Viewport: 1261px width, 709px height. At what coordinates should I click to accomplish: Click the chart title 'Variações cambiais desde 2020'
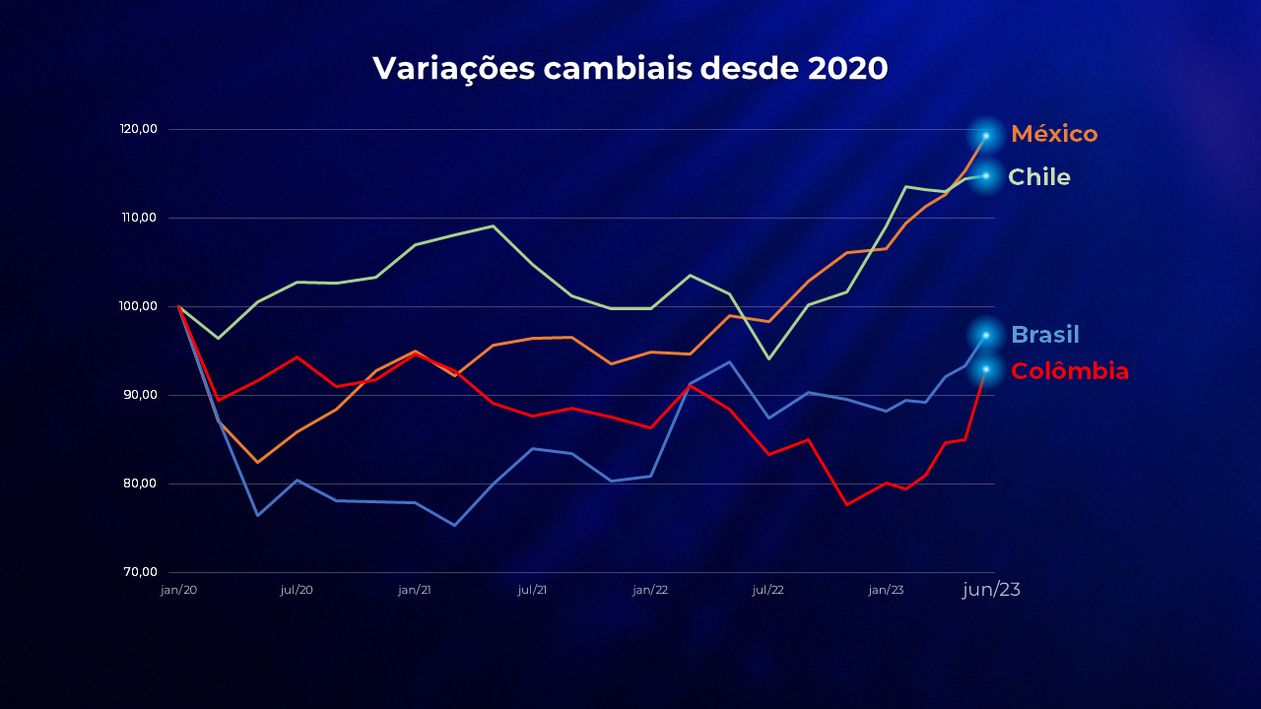click(630, 68)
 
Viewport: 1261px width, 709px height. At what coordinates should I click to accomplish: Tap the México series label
click(1054, 134)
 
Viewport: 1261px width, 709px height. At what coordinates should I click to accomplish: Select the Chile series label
click(1039, 177)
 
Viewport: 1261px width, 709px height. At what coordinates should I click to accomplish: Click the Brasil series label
click(1045, 335)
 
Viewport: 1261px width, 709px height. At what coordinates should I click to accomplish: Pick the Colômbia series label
click(1070, 371)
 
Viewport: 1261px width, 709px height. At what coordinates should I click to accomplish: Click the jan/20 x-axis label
click(178, 590)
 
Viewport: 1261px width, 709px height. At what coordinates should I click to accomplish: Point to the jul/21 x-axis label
click(533, 590)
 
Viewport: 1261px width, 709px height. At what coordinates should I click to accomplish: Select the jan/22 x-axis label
click(650, 590)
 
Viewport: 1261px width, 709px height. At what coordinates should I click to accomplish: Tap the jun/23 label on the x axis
click(991, 590)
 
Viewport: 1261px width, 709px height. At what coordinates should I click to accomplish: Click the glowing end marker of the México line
click(985, 136)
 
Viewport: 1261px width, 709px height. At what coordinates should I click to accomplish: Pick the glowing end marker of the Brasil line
click(985, 335)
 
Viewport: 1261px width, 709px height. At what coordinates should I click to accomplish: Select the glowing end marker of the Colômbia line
click(985, 369)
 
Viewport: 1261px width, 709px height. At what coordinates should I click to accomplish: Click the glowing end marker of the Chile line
click(985, 175)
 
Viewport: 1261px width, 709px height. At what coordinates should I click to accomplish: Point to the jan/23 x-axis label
click(886, 590)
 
